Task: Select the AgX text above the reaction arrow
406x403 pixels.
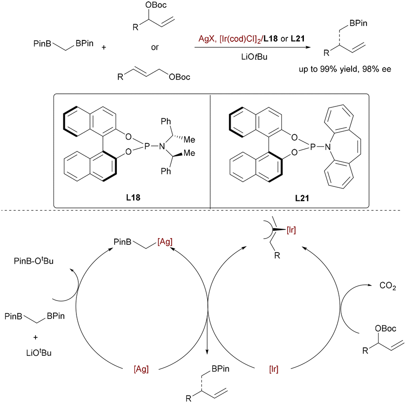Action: pos(206,39)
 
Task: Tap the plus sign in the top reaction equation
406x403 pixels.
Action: pos(104,47)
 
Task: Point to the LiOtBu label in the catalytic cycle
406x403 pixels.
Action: pos(39,353)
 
